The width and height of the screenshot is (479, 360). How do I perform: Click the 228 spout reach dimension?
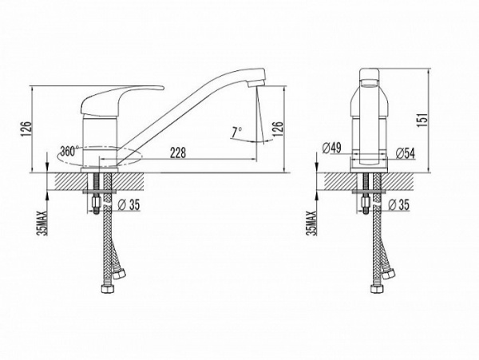pyautogui.click(x=178, y=152)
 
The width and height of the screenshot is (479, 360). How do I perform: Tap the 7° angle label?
pyautogui.click(x=236, y=133)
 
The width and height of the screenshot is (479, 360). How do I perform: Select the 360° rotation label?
pyautogui.click(x=69, y=151)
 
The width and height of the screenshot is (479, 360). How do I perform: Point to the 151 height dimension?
pyautogui.click(x=423, y=120)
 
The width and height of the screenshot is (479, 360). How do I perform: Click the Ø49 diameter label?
pyautogui.click(x=332, y=148)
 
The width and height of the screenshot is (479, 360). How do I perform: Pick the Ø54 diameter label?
pyautogui.click(x=406, y=153)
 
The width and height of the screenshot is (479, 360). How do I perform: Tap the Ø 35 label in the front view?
pyautogui.click(x=129, y=204)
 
